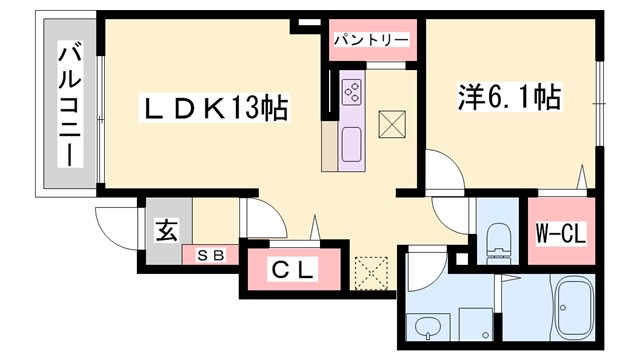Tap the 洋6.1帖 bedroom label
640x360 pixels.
point(510,98)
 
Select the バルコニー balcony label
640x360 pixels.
point(69,105)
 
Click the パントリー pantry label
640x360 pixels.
point(371,39)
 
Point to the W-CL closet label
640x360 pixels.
point(561,233)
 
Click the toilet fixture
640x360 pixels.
point(496,238)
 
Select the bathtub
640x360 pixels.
point(575,308)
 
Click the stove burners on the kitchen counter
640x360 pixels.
point(353,92)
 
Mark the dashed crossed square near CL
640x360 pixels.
point(370,269)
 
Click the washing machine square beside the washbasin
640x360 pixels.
point(475,323)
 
